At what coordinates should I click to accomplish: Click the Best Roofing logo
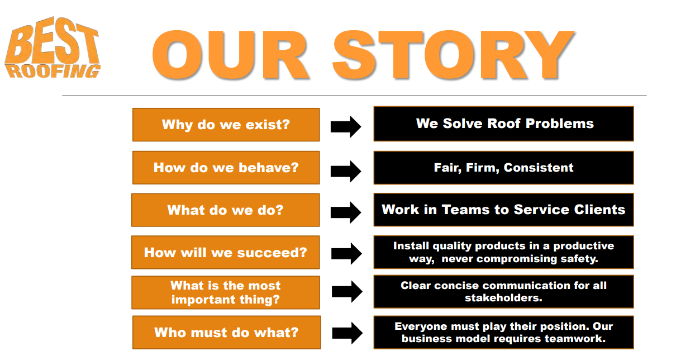[53, 48]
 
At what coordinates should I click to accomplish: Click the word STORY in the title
[453, 55]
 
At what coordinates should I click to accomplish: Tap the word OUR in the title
[230, 55]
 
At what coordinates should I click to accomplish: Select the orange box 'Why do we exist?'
[226, 125]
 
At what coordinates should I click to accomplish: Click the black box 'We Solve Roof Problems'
[504, 124]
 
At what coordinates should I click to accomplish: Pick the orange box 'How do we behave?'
[226, 168]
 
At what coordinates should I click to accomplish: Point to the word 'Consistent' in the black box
[539, 168]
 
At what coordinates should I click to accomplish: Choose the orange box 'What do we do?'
[226, 210]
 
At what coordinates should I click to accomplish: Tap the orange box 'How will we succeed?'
[226, 252]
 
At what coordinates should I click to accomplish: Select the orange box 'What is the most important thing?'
[226, 292]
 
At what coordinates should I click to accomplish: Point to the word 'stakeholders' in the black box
[503, 298]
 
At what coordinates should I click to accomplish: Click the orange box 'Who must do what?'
[227, 333]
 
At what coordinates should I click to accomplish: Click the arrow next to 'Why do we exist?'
[346, 126]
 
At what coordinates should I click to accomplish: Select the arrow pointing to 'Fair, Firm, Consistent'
[346, 171]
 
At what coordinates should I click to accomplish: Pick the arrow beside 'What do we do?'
[346, 212]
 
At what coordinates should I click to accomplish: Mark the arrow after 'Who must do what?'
[347, 333]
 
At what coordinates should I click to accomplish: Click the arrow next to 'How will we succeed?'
[346, 253]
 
